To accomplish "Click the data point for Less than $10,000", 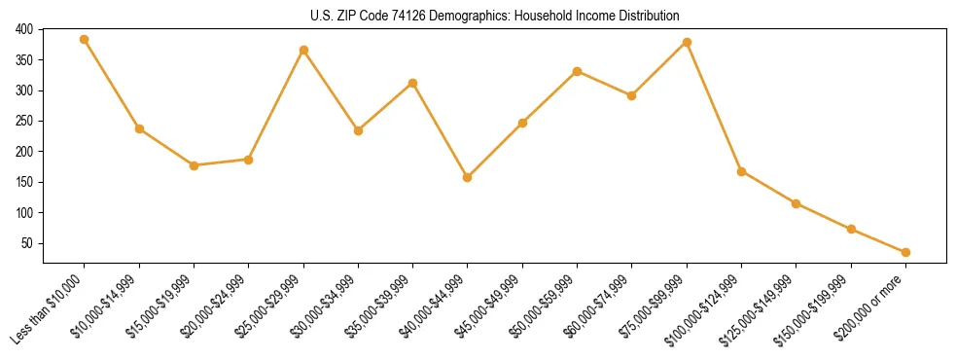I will [85, 40].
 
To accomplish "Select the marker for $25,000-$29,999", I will [303, 50].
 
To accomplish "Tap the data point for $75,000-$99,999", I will [687, 42].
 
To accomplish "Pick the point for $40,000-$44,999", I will [468, 177].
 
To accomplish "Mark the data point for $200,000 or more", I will [905, 252].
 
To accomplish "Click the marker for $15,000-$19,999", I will [194, 165].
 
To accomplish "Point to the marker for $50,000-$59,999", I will [578, 71].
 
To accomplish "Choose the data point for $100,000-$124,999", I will [741, 171].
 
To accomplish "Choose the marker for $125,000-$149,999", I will [796, 203].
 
